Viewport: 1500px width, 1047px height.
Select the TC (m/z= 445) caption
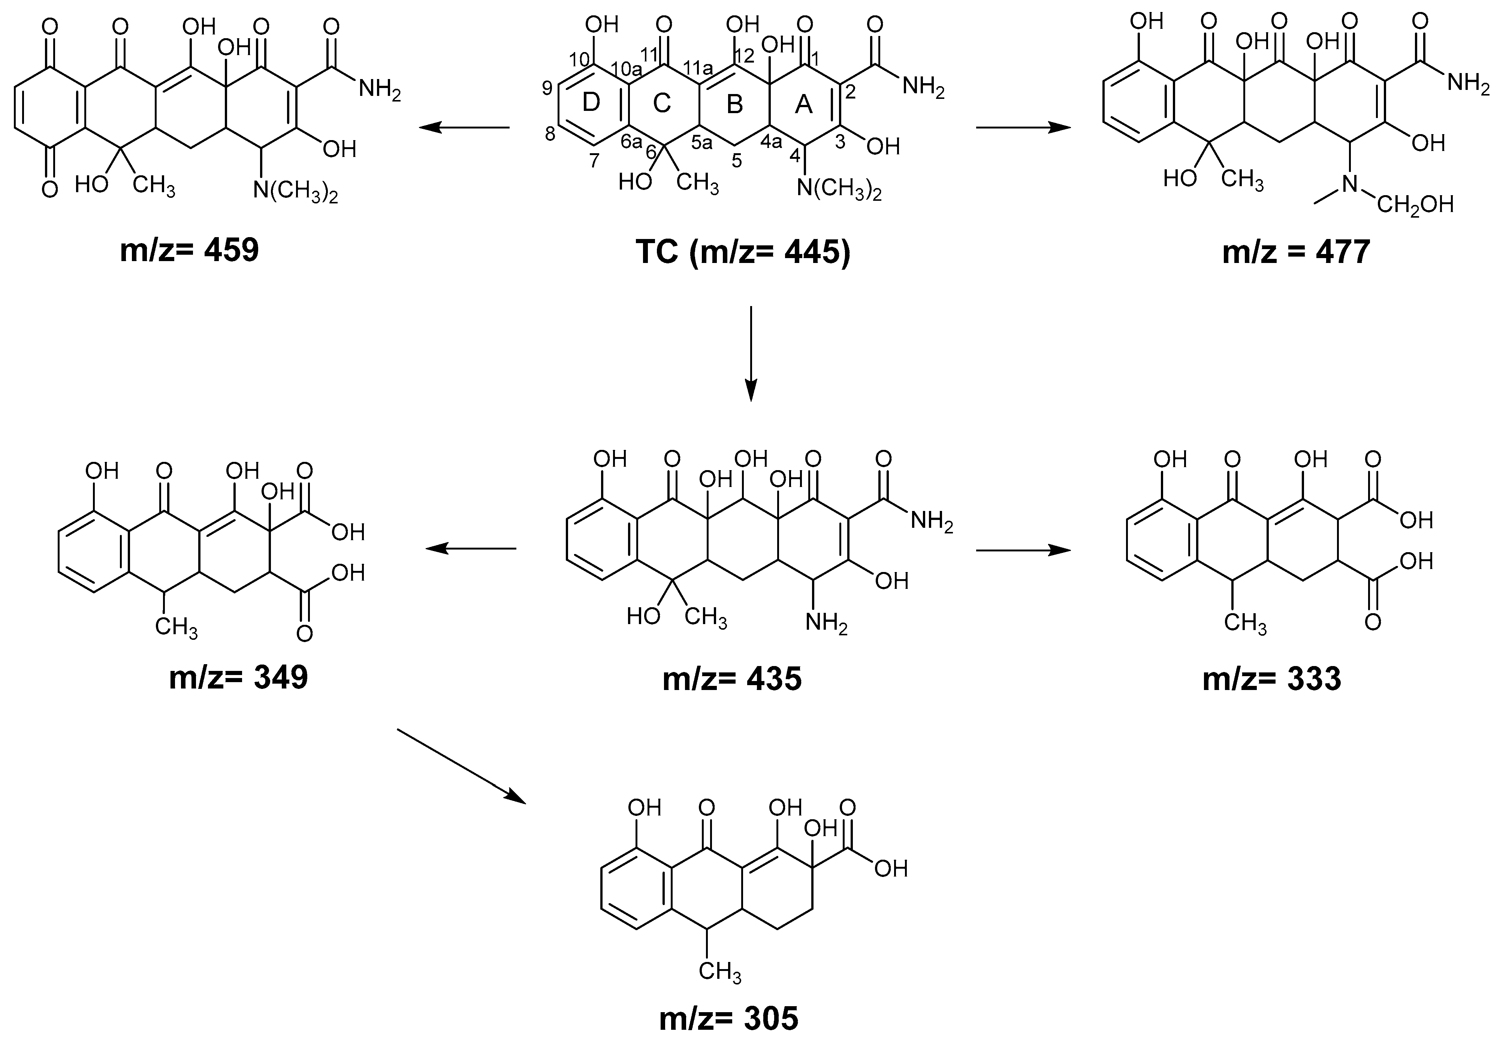coord(743,251)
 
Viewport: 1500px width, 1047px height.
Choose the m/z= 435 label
coord(732,679)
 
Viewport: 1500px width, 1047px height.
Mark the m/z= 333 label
coord(1271,679)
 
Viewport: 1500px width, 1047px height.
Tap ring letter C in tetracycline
coord(662,103)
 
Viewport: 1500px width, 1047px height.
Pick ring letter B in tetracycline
coord(735,105)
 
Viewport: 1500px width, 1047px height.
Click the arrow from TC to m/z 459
coord(464,128)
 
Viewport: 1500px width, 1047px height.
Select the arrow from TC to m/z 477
coord(1023,128)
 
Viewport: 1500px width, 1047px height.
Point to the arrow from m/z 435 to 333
coord(1023,551)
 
